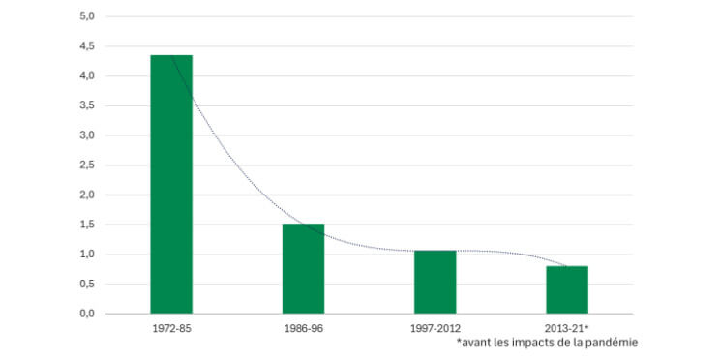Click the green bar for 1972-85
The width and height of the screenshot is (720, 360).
[171, 184]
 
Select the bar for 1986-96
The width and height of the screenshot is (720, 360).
[303, 268]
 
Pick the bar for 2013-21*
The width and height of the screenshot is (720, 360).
[566, 289]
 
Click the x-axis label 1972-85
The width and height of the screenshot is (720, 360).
[171, 328]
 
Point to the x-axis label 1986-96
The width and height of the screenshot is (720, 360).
[303, 328]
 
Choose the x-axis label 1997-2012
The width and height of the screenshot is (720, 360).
[435, 328]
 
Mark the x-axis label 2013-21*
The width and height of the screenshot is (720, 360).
[567, 328]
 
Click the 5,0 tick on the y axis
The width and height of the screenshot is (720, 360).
[86, 16]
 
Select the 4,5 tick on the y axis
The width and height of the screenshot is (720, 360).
[86, 46]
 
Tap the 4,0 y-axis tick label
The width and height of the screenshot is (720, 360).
[86, 75]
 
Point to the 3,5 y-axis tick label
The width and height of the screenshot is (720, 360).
[86, 105]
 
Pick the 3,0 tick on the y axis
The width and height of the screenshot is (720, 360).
[86, 135]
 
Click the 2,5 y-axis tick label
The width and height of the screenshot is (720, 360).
[86, 165]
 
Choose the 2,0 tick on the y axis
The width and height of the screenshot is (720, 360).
[86, 195]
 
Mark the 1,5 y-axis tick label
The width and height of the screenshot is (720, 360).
[86, 225]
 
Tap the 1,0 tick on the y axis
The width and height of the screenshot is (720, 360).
[86, 255]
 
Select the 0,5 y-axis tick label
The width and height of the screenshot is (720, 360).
[86, 285]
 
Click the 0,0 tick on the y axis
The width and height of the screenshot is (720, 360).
[86, 314]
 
